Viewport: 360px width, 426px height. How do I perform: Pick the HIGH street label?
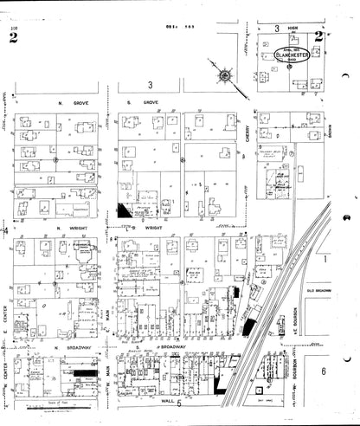click(292, 29)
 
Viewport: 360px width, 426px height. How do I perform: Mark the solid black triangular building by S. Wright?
click(126, 210)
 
